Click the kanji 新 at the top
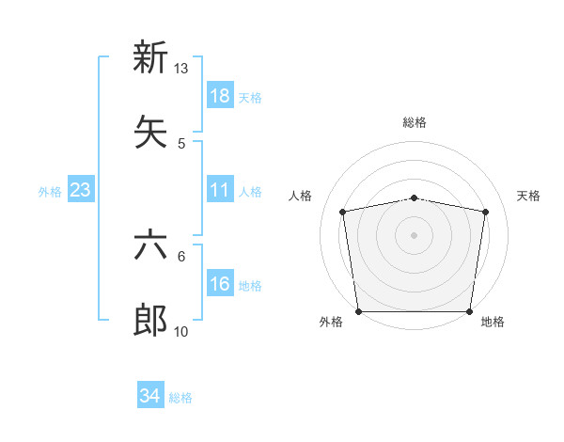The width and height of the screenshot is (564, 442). [x=150, y=57]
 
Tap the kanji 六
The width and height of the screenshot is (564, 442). [x=150, y=247]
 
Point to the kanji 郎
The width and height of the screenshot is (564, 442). [x=150, y=321]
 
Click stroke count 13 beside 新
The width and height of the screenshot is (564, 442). [x=181, y=69]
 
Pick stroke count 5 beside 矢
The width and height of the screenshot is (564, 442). [x=181, y=143]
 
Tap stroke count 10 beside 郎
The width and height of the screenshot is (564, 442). [x=181, y=332]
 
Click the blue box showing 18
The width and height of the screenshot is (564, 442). [x=220, y=96]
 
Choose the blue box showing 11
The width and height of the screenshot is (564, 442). [x=220, y=190]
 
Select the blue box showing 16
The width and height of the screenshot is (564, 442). [x=220, y=285]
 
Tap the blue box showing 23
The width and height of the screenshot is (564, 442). [x=81, y=190]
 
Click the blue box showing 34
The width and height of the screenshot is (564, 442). [x=150, y=397]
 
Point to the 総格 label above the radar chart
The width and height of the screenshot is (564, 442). [x=415, y=122]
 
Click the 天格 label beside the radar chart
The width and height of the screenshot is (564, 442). [x=528, y=196]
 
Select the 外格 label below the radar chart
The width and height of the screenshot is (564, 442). [x=331, y=322]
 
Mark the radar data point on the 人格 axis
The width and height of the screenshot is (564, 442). [x=343, y=212]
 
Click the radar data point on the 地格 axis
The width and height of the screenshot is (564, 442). [x=470, y=311]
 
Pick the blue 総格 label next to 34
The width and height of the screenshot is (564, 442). [x=180, y=398]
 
